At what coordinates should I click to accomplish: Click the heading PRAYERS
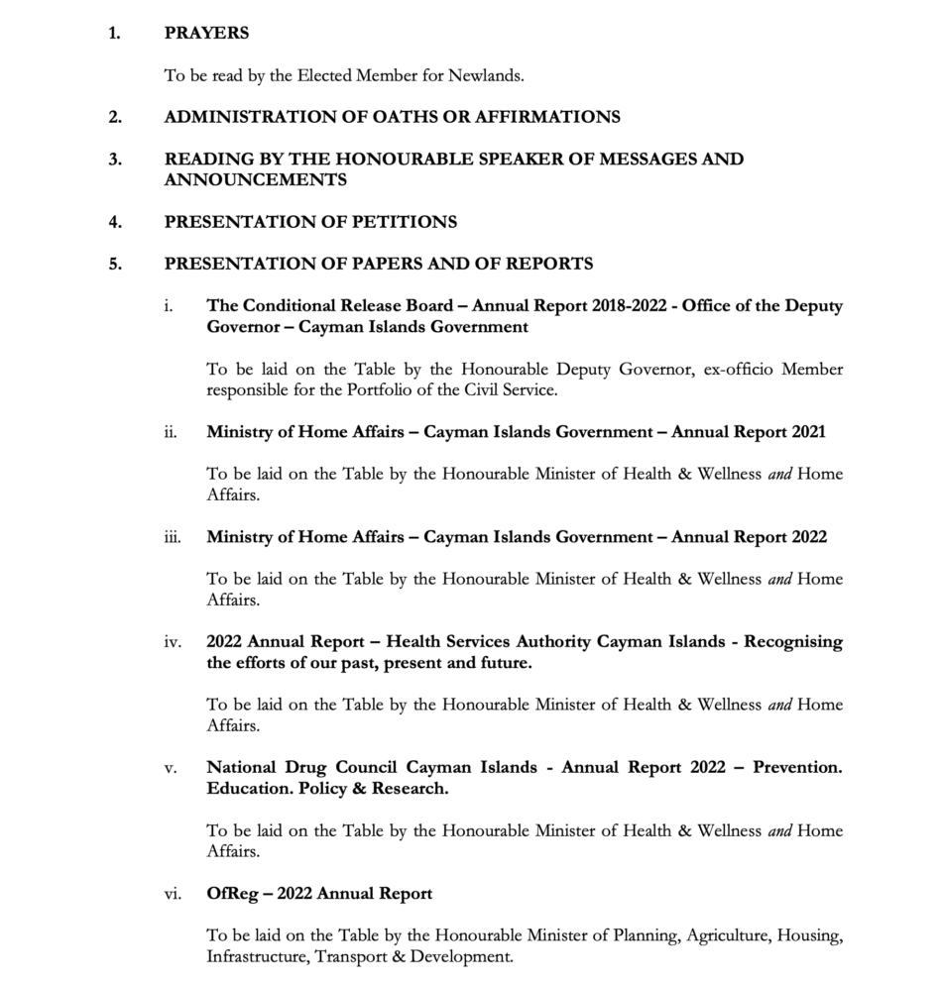(x=206, y=33)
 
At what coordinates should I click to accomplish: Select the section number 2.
(x=115, y=117)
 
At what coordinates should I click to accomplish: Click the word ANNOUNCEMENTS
(x=255, y=179)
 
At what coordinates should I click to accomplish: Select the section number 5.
(x=115, y=264)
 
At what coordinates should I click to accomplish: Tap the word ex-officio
(x=742, y=370)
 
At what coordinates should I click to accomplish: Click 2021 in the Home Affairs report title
(x=808, y=432)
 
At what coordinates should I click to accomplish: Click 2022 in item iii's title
(x=808, y=537)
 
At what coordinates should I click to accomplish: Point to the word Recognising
(x=793, y=642)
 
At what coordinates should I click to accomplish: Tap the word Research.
(x=408, y=789)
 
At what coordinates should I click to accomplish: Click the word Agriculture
(x=718, y=935)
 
